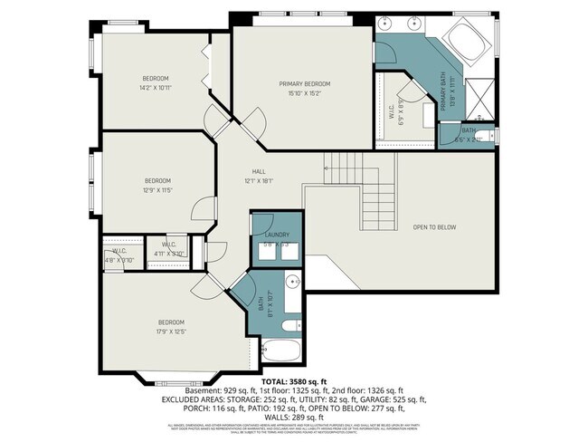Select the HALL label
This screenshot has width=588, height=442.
[x=259, y=171]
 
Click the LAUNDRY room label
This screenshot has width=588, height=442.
[x=277, y=235]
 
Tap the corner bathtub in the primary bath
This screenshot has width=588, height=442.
[x=466, y=42]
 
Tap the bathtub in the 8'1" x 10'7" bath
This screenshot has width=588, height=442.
[x=282, y=349]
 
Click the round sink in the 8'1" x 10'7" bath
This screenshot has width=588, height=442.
[x=293, y=283]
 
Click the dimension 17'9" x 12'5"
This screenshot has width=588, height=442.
[x=171, y=331]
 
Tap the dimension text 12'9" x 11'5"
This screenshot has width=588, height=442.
[x=157, y=190]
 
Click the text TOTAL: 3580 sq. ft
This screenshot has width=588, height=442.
[x=294, y=380]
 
